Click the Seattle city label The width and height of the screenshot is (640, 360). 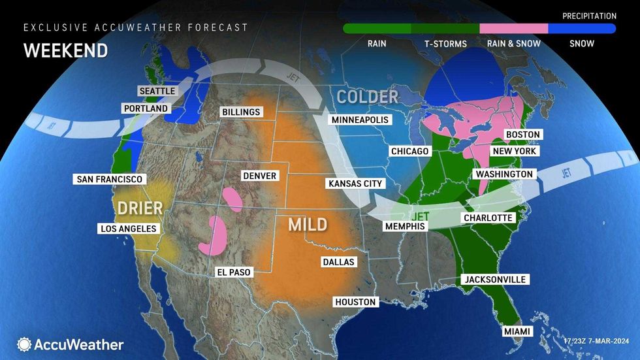[x=157, y=91]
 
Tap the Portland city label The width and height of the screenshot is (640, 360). [x=145, y=108]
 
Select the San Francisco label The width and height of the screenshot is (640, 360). [x=109, y=179]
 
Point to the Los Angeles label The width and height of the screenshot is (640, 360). [x=128, y=229]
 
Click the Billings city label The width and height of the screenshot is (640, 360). [x=241, y=112]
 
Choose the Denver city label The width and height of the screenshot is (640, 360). [x=259, y=176]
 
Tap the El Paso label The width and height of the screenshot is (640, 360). [x=234, y=272]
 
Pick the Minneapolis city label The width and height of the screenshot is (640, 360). [x=360, y=120]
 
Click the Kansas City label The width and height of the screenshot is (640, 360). [x=355, y=184]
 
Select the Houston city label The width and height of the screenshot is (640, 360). [x=355, y=302]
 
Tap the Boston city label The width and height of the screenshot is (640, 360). [x=523, y=135]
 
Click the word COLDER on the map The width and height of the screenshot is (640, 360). [x=367, y=97]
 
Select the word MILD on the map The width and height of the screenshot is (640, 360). [x=308, y=225]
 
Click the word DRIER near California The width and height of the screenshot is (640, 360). [x=140, y=208]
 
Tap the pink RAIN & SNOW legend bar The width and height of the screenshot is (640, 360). [x=513, y=29]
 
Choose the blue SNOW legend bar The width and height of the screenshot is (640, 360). [x=581, y=29]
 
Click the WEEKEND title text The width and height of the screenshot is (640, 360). [x=65, y=51]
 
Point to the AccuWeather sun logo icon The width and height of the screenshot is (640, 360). [x=24, y=344]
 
